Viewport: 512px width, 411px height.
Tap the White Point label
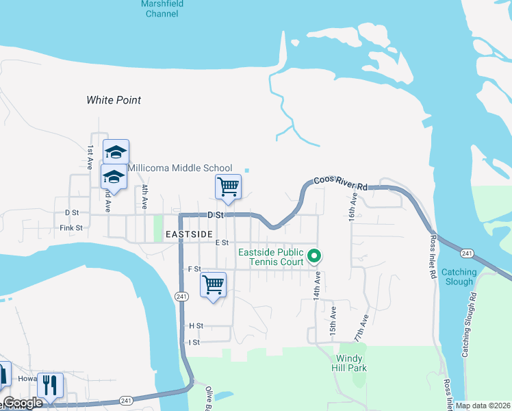click(114, 100)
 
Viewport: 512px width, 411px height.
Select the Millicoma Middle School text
click(181, 168)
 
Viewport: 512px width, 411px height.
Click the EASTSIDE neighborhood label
click(189, 234)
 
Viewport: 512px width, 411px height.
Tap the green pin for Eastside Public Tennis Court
click(314, 256)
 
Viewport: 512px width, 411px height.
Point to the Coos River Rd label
click(341, 183)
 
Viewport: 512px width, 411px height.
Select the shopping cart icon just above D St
click(227, 186)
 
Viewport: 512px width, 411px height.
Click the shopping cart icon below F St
click(213, 284)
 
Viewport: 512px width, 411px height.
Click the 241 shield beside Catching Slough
click(467, 253)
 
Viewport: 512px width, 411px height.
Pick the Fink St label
click(71, 227)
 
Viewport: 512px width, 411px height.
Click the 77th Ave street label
click(361, 328)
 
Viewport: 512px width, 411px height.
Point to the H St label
click(196, 326)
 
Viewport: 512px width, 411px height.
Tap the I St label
click(194, 342)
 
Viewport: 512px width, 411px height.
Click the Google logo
click(22, 403)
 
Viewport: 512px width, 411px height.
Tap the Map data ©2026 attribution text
click(483, 406)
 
